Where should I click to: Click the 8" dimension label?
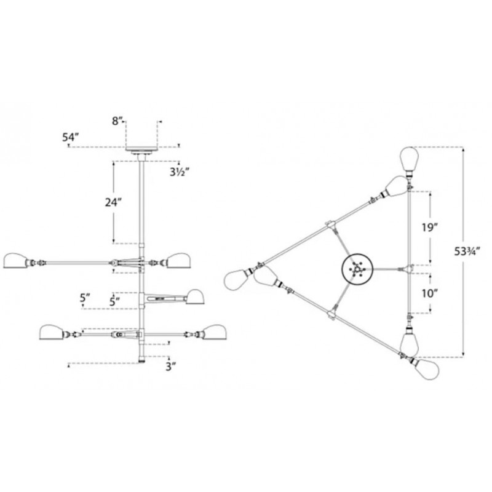[x=116, y=121]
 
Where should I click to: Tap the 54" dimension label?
[x=70, y=137]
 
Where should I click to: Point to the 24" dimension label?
[x=113, y=202]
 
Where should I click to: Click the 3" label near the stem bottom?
[x=170, y=366]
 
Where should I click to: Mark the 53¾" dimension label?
[x=467, y=252]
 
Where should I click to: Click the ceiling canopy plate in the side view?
[x=141, y=149]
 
